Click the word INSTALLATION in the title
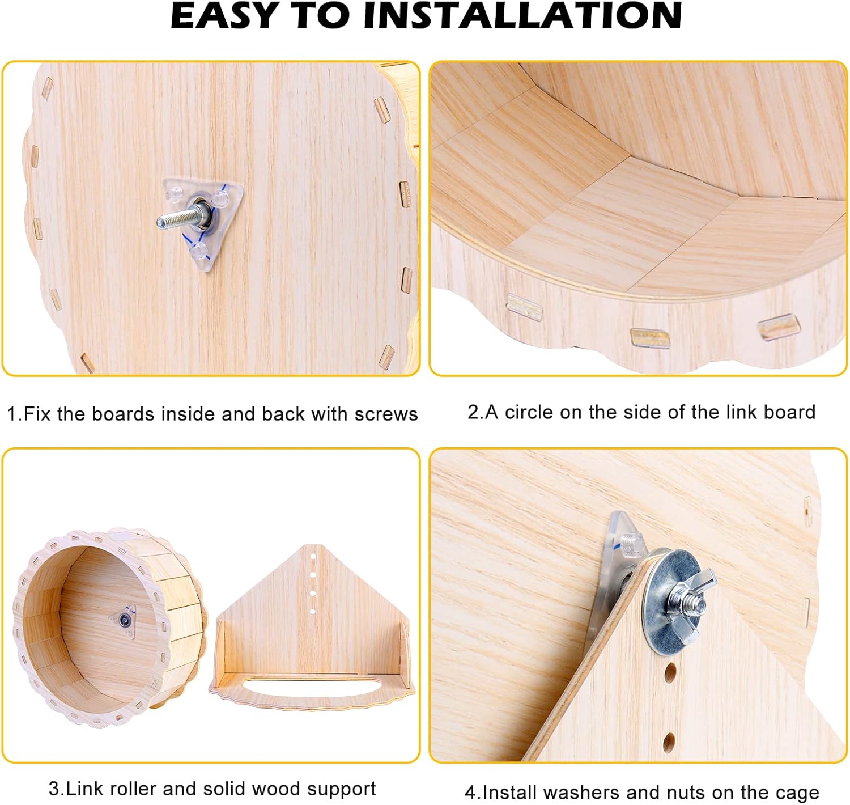(522, 15)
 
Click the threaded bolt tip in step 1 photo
(161, 222)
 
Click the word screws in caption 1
(386, 414)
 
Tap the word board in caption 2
(789, 412)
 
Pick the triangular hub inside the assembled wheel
(123, 620)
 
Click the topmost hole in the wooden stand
(313, 557)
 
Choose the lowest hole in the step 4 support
(669, 742)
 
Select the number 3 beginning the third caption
(54, 789)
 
